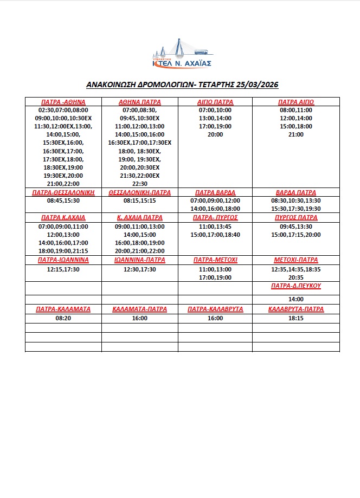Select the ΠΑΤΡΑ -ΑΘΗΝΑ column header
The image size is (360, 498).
tap(63, 102)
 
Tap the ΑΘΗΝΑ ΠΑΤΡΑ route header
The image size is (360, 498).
tap(139, 102)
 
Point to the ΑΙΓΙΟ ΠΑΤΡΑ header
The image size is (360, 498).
tap(215, 102)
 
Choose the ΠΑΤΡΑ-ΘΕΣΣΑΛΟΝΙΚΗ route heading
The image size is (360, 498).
tap(63, 192)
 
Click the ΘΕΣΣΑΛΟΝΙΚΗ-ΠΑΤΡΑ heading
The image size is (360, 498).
tap(139, 192)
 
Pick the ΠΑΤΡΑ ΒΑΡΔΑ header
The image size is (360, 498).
tap(215, 192)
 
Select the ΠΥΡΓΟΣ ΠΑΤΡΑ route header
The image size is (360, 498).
tap(296, 217)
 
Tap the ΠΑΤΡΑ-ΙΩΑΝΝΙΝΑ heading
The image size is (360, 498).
tap(63, 260)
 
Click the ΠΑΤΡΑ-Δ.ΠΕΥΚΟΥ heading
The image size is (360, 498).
tap(296, 286)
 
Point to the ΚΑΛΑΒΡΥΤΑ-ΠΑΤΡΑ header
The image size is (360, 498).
tap(296, 309)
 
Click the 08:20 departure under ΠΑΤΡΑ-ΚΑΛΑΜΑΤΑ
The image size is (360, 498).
tap(63, 319)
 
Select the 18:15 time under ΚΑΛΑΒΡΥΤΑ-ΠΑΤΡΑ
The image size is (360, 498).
tap(296, 319)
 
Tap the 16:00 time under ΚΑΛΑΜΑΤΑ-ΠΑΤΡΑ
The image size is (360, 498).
tap(139, 319)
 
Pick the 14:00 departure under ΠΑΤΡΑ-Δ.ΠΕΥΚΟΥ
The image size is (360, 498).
tap(296, 299)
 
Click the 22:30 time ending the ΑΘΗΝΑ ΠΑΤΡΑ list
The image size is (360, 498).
tap(139, 184)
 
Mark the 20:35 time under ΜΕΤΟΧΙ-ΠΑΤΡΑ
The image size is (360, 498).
tap(296, 277)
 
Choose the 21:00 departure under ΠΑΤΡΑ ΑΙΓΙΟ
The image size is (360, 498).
tap(296, 134)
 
